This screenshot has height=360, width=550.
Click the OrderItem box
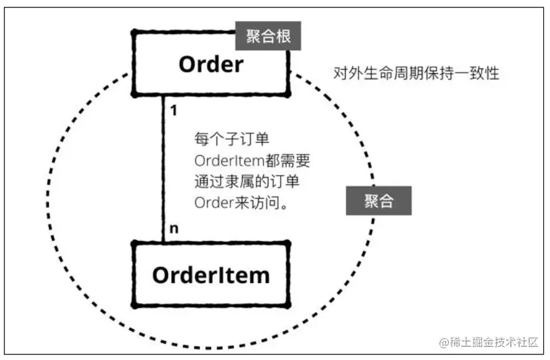click(211, 274)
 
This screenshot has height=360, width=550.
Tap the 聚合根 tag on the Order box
click(268, 37)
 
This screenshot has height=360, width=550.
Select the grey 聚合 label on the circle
click(378, 202)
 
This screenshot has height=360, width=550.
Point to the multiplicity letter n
click(174, 229)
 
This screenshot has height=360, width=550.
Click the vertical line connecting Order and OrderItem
click(163, 168)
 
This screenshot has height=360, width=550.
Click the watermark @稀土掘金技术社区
click(488, 341)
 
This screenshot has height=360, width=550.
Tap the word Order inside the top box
click(210, 64)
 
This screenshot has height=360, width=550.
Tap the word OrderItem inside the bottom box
click(211, 274)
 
